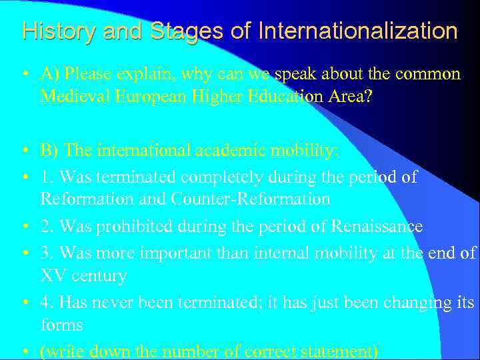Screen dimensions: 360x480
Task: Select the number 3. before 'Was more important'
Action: click(47, 253)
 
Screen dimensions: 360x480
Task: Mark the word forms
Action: click(61, 325)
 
